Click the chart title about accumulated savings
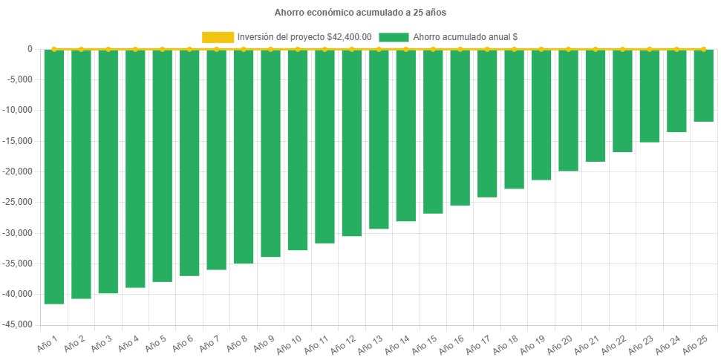click(360, 13)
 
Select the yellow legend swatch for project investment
click(218, 36)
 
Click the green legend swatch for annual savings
click(394, 36)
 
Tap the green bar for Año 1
click(54, 177)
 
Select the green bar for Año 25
click(703, 85)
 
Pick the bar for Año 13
click(379, 139)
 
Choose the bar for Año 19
click(541, 115)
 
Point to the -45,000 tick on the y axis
click(21, 324)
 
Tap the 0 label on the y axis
click(30, 49)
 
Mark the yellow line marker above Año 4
click(135, 49)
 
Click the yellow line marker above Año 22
click(622, 49)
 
